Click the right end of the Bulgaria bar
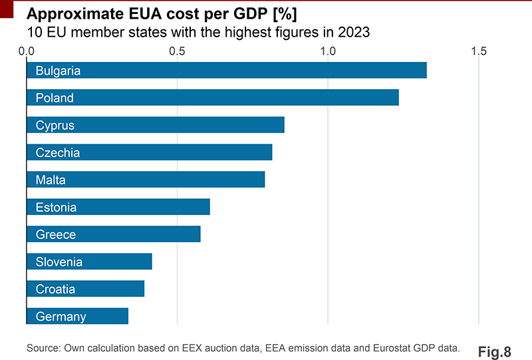[x=426, y=71]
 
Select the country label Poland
[x=55, y=98]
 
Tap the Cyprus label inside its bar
[x=55, y=125]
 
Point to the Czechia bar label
[x=58, y=152]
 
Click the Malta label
[x=51, y=180]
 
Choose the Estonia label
[x=57, y=207]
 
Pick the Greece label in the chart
[x=56, y=234]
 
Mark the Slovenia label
[x=59, y=262]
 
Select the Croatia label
[x=55, y=289]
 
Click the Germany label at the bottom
[x=61, y=316]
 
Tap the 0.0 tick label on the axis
[x=27, y=51]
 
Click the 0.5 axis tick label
[x=177, y=51]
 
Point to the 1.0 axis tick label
[x=328, y=51]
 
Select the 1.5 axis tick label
[x=479, y=51]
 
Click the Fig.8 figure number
[x=494, y=351]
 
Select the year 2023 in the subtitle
[x=353, y=32]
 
